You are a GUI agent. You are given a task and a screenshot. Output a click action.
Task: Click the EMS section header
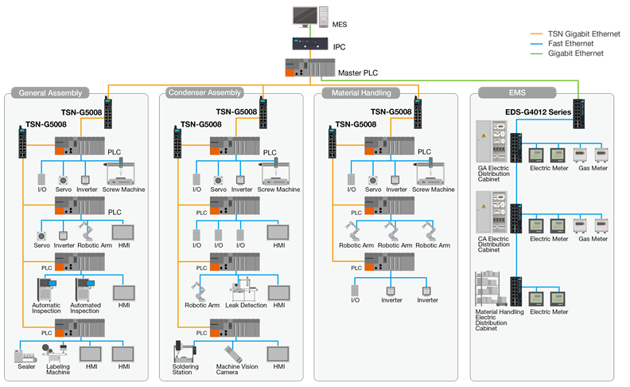(x=506, y=93)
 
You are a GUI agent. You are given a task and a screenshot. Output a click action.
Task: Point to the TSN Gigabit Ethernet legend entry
(x=574, y=34)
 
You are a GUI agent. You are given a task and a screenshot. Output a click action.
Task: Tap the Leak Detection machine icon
(x=245, y=292)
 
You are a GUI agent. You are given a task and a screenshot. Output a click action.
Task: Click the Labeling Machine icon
(x=58, y=353)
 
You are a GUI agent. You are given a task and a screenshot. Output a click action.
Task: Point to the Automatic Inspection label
(x=46, y=307)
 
